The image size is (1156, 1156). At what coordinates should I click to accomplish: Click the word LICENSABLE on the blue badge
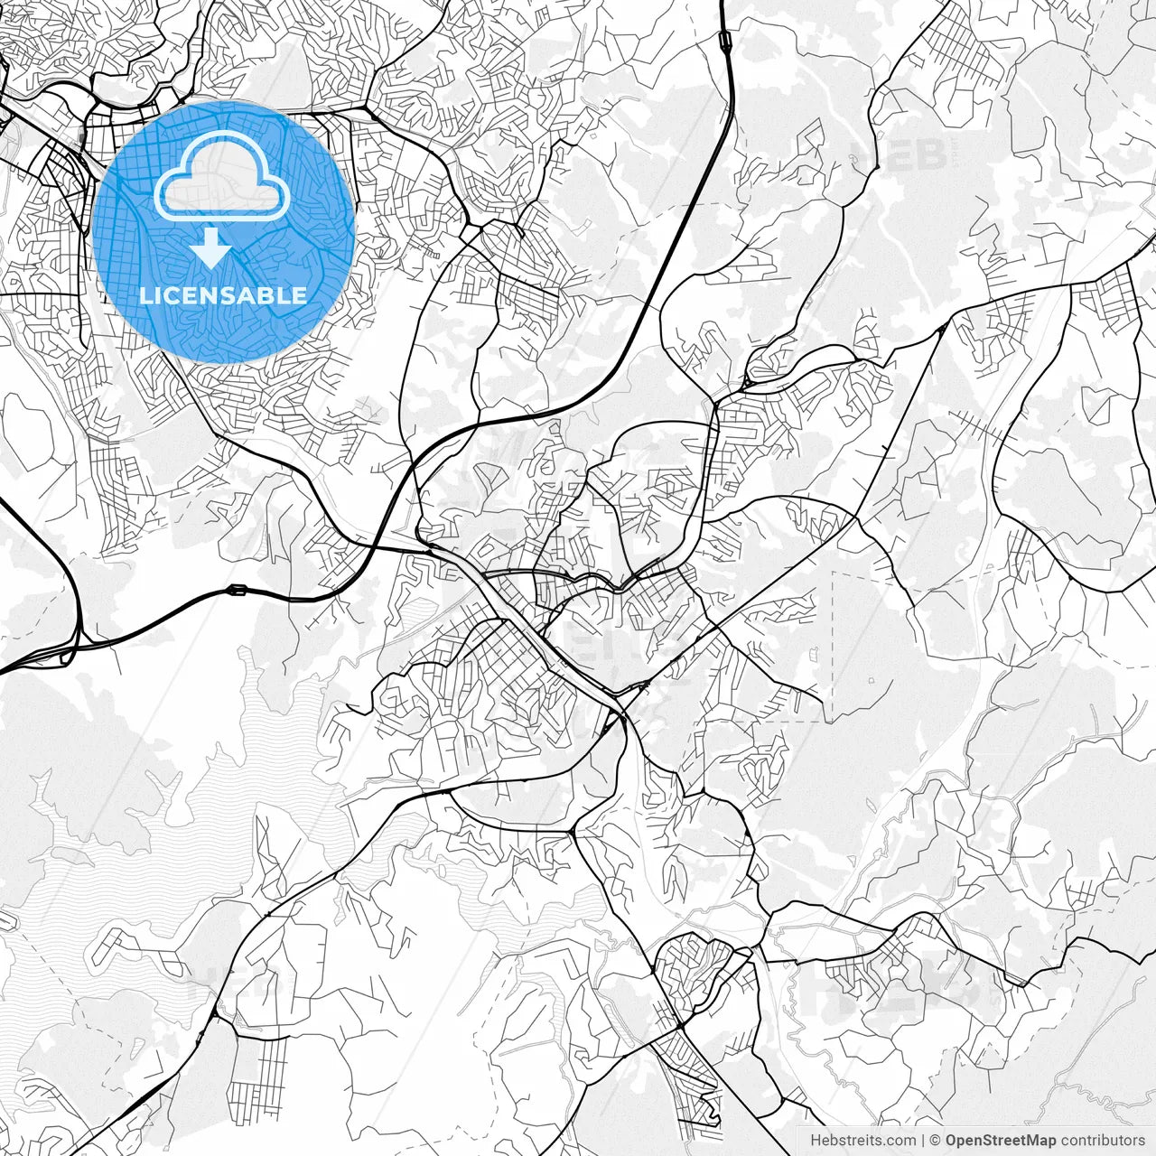tap(223, 295)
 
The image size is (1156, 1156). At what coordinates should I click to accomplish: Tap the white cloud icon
tap(223, 176)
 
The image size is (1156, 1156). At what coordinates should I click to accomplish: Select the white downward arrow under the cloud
tap(212, 248)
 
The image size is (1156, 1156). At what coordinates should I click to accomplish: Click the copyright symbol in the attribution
tap(936, 1141)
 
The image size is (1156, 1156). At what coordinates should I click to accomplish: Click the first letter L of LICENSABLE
tap(144, 295)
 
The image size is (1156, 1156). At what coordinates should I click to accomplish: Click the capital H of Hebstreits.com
tap(816, 1141)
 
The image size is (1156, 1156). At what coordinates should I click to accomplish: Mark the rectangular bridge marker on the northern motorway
tap(725, 39)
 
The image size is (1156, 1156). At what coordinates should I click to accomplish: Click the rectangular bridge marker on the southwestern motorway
tap(238, 591)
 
